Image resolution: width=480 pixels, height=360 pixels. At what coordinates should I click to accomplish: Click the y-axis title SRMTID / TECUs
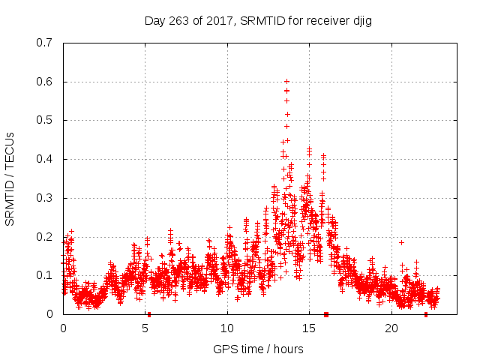10,178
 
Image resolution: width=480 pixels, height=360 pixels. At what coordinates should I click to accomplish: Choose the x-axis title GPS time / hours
258,349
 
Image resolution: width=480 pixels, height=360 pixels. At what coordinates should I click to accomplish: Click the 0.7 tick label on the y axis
44,43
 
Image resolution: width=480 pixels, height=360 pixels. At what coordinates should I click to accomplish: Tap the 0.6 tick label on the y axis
44,82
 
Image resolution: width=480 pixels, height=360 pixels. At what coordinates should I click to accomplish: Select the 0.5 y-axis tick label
44,120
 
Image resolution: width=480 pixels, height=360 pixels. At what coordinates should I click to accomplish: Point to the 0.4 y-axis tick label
44,159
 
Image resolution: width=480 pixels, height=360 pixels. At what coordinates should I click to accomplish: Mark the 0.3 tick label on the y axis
44,198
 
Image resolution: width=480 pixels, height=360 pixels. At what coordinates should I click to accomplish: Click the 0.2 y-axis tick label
44,237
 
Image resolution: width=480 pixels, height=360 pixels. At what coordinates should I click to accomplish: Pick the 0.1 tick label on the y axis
44,275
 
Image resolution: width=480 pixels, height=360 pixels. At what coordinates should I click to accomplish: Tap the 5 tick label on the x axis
145,328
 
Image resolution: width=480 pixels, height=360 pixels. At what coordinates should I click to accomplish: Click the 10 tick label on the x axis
226,328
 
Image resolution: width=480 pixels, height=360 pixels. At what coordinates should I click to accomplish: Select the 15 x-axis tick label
308,328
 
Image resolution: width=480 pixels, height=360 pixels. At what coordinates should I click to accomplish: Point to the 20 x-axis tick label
390,328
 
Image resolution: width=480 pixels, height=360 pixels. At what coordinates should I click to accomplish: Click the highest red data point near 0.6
286,81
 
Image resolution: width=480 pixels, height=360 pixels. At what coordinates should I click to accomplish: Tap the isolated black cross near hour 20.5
401,242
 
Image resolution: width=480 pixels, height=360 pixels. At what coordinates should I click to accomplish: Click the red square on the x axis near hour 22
426,314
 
